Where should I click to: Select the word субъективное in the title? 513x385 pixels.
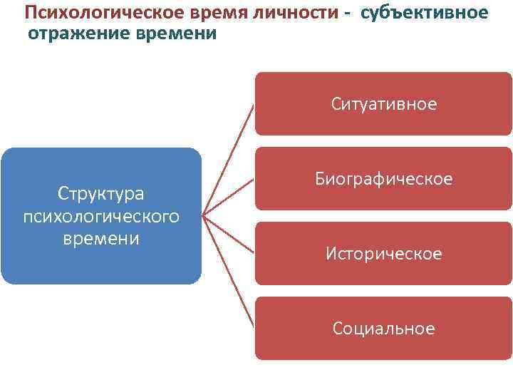point(425,13)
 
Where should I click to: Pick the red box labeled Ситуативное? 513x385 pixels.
point(383,104)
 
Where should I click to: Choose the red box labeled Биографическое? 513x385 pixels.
point(383,179)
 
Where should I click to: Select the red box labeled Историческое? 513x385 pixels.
point(383,253)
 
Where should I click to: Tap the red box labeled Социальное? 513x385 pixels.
point(383,328)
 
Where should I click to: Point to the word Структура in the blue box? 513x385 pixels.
point(100,193)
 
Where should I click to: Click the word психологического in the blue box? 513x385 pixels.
point(100,216)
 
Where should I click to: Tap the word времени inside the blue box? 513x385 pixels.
point(100,238)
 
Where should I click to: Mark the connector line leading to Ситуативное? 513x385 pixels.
point(229,158)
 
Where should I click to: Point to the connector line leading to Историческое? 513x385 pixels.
point(229,234)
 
